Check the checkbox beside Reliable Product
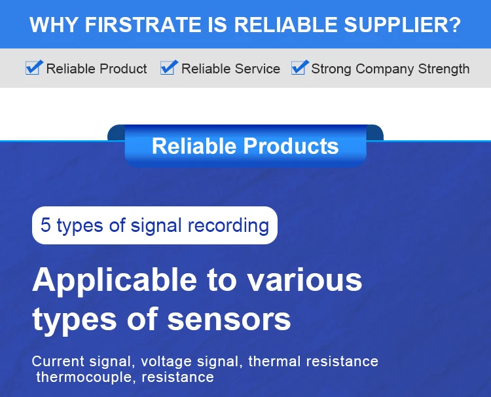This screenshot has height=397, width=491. point(33,67)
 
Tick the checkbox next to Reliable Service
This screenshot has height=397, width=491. point(168,67)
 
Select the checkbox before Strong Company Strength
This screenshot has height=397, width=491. point(299,67)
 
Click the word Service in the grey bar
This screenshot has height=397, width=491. point(258,69)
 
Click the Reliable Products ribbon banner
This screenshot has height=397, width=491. point(245,145)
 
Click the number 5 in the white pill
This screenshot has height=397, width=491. point(45,225)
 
